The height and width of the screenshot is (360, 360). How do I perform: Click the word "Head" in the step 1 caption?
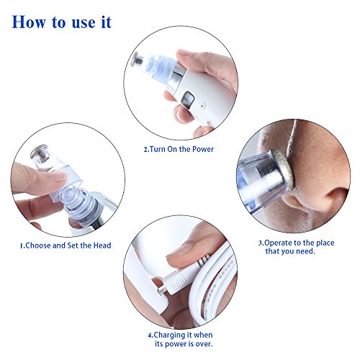click(102, 246)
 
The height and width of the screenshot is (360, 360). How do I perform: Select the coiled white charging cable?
click(216, 274)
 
